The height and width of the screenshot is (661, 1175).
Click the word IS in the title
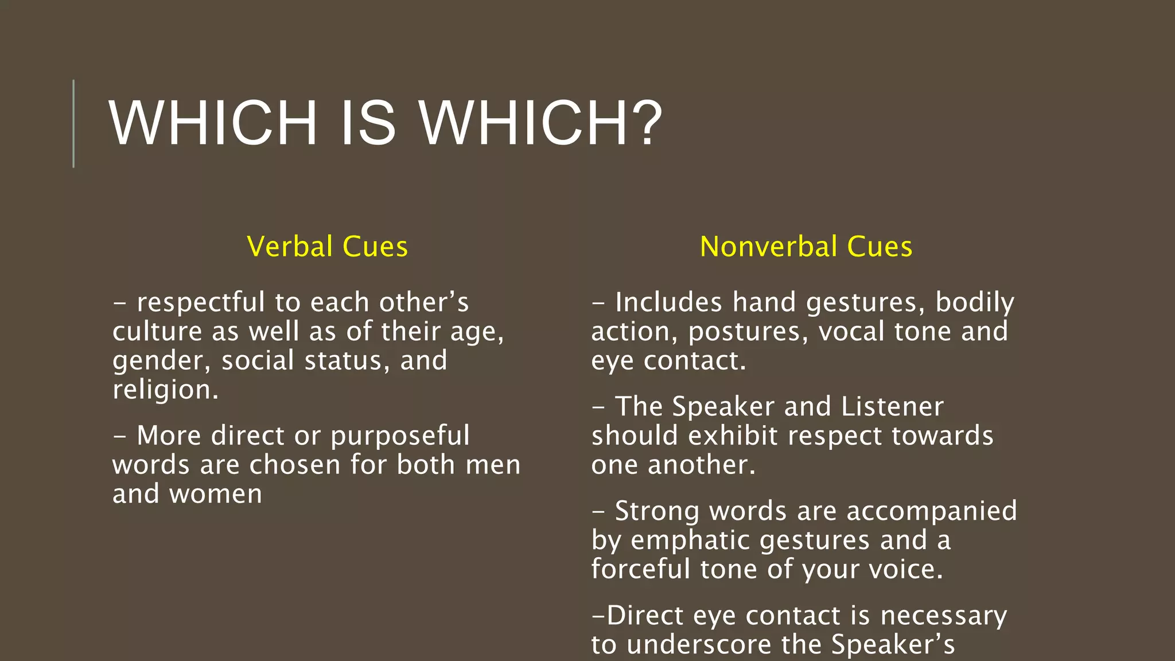pos(368,123)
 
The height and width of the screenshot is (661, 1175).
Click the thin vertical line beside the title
pos(73,123)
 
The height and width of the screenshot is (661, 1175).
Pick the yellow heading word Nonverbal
pos(768,247)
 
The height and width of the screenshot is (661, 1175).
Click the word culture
pos(157,332)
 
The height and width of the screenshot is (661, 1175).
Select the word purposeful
pos(400,436)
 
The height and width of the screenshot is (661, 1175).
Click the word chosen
pos(295,465)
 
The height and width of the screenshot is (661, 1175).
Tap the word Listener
pos(892,407)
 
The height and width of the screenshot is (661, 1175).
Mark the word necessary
pos(943,616)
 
